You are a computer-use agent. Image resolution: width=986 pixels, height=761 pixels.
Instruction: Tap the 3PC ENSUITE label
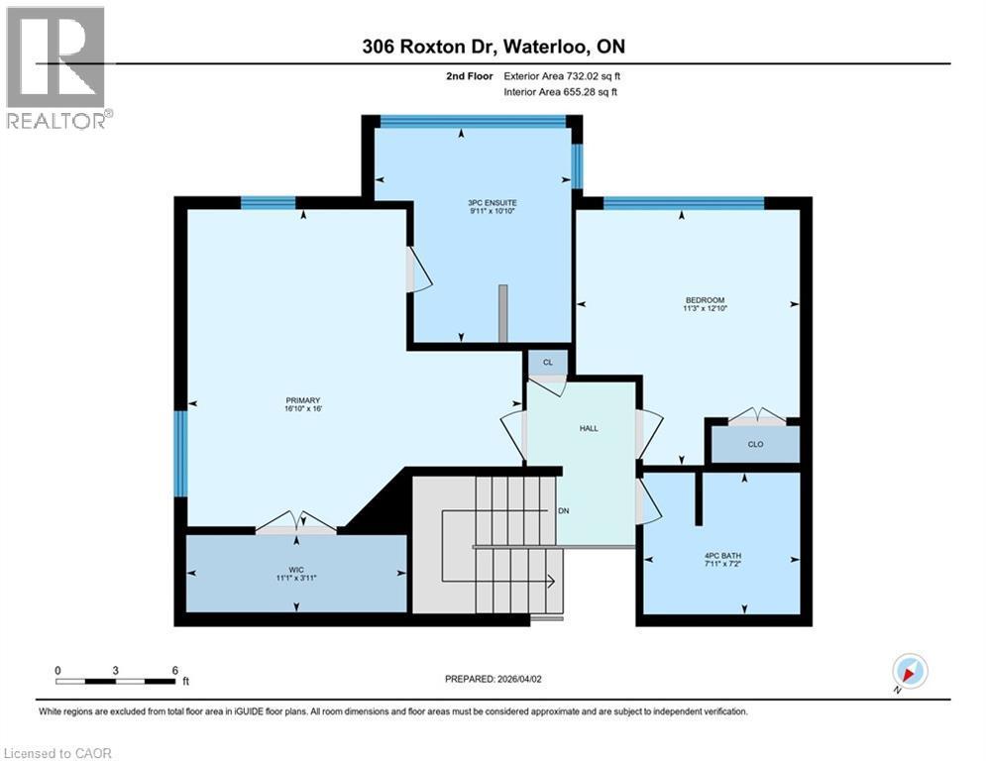click(493, 203)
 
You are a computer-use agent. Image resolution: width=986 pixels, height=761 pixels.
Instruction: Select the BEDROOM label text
click(705, 300)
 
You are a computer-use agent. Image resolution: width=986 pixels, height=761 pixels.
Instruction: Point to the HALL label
click(589, 428)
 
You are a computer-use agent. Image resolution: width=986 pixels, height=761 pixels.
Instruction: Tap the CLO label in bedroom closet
click(755, 444)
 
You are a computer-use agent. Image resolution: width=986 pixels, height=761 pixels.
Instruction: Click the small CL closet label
click(547, 364)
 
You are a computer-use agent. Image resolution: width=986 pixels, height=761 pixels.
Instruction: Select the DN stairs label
click(563, 510)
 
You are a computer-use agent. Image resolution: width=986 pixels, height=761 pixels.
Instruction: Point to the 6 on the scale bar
click(174, 670)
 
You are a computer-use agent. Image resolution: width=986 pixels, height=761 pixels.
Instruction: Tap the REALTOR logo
click(56, 67)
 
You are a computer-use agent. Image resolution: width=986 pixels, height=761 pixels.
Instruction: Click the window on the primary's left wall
click(180, 453)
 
